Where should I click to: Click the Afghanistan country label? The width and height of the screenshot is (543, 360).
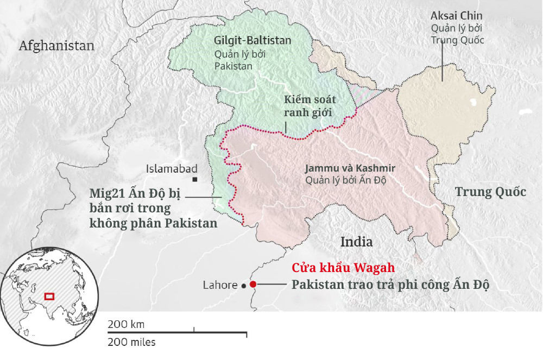pos(56,46)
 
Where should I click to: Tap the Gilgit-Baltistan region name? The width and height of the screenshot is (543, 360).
pos(252,41)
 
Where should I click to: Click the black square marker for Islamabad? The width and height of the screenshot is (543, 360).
pos(194,179)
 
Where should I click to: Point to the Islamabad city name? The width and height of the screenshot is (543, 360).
pos(172,169)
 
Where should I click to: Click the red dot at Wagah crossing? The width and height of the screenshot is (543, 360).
pos(253,284)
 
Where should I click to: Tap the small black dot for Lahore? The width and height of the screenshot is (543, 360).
pos(244,285)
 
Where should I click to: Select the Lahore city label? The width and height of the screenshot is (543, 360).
pos(220,285)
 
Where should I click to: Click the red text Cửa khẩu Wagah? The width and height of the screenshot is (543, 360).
pos(343,268)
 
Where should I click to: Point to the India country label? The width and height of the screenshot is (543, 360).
pos(356,241)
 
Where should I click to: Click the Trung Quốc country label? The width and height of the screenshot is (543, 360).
pos(490,192)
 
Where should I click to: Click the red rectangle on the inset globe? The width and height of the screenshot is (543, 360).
pos(49,296)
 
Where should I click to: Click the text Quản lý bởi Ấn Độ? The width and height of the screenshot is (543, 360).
pos(345,180)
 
